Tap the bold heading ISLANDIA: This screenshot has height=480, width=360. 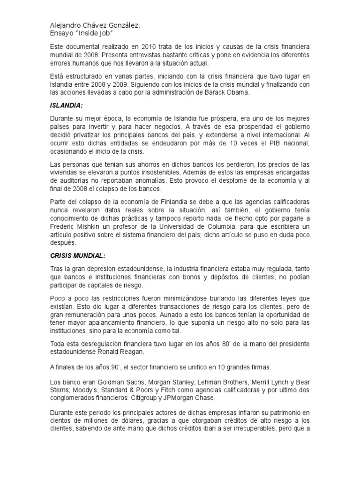tap(67, 108)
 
